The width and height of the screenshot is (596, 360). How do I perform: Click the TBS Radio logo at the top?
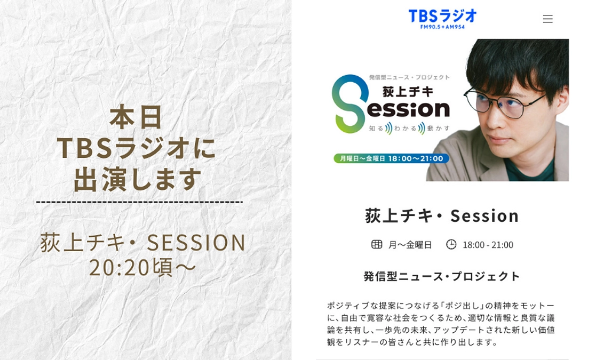tap(442, 16)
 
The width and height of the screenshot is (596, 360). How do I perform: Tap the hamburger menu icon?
tap(547, 19)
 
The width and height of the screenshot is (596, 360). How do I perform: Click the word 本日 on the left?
tap(137, 117)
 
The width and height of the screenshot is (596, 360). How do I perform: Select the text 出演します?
tap(138, 179)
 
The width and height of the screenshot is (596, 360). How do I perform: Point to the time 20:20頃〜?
tap(143, 267)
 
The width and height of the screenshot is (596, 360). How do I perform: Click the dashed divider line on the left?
tap(139, 202)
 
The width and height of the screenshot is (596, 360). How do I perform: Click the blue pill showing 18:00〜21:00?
tap(391, 158)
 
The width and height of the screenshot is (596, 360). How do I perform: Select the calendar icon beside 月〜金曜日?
tap(377, 244)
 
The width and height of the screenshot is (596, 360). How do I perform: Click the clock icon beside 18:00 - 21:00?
tap(451, 244)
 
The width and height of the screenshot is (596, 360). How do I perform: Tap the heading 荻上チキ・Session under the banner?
tap(442, 215)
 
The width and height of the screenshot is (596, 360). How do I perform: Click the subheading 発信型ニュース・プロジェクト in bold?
tap(442, 276)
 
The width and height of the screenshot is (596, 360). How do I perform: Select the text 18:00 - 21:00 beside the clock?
tap(488, 245)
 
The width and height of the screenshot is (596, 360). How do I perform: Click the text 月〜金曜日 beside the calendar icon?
tap(410, 245)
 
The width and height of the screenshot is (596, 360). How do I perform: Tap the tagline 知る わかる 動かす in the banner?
tap(410, 128)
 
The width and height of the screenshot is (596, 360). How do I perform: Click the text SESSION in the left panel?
tap(196, 243)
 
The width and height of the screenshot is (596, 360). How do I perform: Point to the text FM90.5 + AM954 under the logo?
tap(442, 27)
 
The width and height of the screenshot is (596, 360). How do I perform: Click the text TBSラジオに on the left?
tap(137, 148)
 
